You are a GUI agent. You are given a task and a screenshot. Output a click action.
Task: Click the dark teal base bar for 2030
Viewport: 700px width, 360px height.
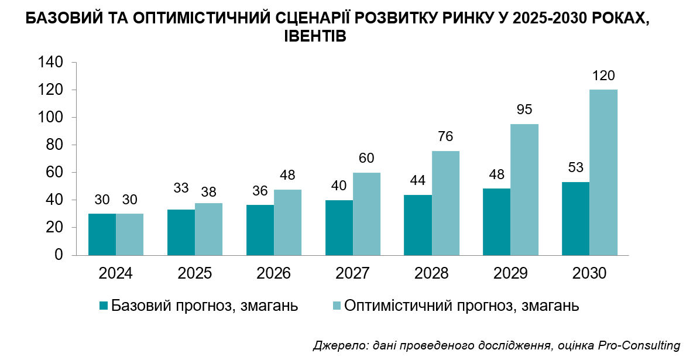(x=575, y=219)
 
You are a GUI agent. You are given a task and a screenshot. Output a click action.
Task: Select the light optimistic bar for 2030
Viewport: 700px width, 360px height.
(x=603, y=173)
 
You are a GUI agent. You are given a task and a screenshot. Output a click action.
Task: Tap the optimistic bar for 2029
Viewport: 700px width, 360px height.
(x=524, y=190)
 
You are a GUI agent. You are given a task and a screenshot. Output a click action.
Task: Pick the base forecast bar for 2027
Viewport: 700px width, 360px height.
(x=339, y=228)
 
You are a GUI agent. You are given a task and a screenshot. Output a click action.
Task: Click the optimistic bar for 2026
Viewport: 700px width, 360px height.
(x=287, y=222)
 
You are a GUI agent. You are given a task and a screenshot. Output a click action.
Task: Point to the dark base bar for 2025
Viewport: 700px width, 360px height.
(x=181, y=232)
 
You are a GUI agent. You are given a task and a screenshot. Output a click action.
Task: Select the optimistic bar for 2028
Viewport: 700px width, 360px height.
(x=445, y=203)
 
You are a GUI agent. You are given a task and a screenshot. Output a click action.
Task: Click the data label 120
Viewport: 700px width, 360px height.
(x=603, y=76)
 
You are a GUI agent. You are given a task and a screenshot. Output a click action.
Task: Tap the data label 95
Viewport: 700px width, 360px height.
(x=524, y=110)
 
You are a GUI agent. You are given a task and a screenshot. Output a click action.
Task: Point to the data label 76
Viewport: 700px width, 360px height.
(x=445, y=136)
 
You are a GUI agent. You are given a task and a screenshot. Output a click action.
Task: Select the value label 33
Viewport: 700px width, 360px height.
(x=181, y=188)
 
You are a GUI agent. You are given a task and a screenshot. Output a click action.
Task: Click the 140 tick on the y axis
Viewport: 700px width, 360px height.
(x=51, y=63)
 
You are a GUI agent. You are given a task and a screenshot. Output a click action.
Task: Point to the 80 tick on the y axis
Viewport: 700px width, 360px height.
(x=54, y=145)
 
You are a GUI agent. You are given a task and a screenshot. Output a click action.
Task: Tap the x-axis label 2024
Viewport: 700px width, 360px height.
(x=116, y=273)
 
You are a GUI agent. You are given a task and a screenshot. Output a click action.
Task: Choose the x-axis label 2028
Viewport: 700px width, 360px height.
(x=431, y=273)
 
